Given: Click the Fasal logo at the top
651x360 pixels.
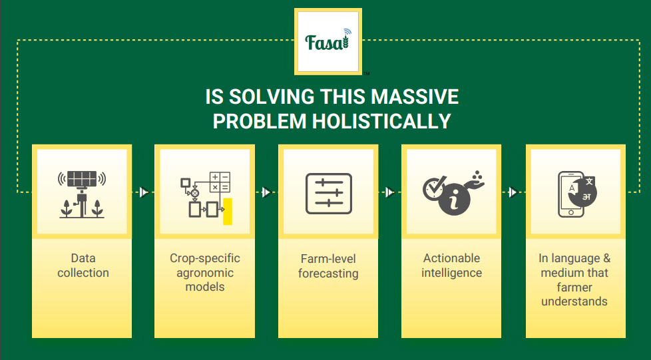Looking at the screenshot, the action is click(328, 41).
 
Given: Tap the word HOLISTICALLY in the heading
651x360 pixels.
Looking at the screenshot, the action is click(381, 121).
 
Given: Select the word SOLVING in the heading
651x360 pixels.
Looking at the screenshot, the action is click(271, 96).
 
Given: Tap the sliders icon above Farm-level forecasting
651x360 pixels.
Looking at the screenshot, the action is click(329, 194).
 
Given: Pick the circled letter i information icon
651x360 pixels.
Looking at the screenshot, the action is click(454, 202).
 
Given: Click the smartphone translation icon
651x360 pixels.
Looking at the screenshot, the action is click(577, 194).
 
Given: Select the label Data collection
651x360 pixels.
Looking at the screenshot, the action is click(83, 266).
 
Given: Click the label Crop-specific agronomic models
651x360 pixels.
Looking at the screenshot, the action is click(205, 272).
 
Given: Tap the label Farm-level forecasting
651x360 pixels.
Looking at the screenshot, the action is click(328, 266).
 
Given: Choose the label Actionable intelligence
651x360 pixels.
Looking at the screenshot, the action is click(452, 266).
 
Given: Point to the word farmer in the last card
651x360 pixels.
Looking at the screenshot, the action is click(574, 287).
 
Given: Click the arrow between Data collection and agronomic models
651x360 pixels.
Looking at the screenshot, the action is click(144, 192).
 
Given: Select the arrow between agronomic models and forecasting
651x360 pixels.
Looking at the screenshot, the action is click(267, 192).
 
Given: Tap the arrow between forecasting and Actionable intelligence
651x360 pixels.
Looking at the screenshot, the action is click(390, 192).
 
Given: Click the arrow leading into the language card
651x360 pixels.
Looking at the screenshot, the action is click(514, 192).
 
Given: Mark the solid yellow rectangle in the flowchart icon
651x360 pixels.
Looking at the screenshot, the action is click(228, 212).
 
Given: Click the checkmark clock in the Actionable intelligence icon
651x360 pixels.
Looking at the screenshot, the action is click(433, 188).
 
